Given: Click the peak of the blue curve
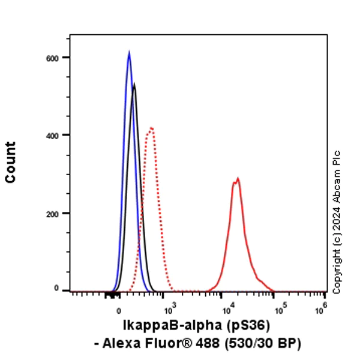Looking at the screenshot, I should click(x=129, y=52).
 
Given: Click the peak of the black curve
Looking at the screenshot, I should click(x=134, y=84).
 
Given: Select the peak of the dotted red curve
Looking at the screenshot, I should click(x=152, y=128).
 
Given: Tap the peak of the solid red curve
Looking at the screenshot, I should click(x=238, y=178).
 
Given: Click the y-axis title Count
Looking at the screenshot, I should click(x=11, y=162).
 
